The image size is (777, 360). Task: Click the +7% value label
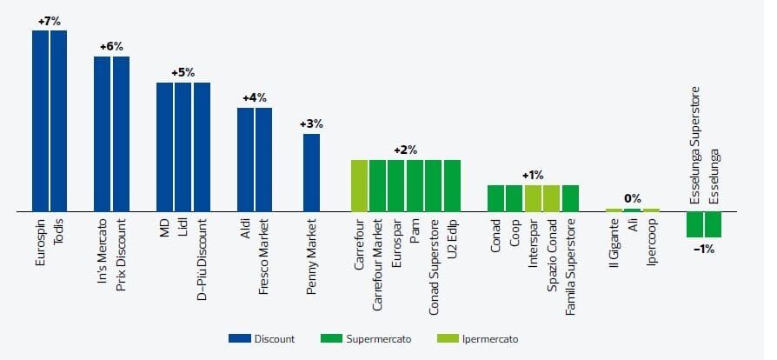point(50,21)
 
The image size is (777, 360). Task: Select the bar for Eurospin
point(40,121)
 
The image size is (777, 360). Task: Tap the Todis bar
point(58,121)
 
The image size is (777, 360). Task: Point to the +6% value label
point(111,46)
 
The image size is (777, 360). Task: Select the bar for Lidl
point(183,147)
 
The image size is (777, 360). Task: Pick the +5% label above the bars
point(183,72)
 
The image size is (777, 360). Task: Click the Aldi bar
point(246,160)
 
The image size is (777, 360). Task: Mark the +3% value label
point(311,123)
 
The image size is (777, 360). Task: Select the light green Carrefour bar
point(360,185)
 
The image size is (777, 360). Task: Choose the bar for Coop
point(514,198)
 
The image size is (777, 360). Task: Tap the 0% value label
point(633,199)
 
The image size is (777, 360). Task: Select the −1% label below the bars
point(704,249)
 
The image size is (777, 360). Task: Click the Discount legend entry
point(262,338)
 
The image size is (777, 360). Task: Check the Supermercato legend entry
point(372,338)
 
